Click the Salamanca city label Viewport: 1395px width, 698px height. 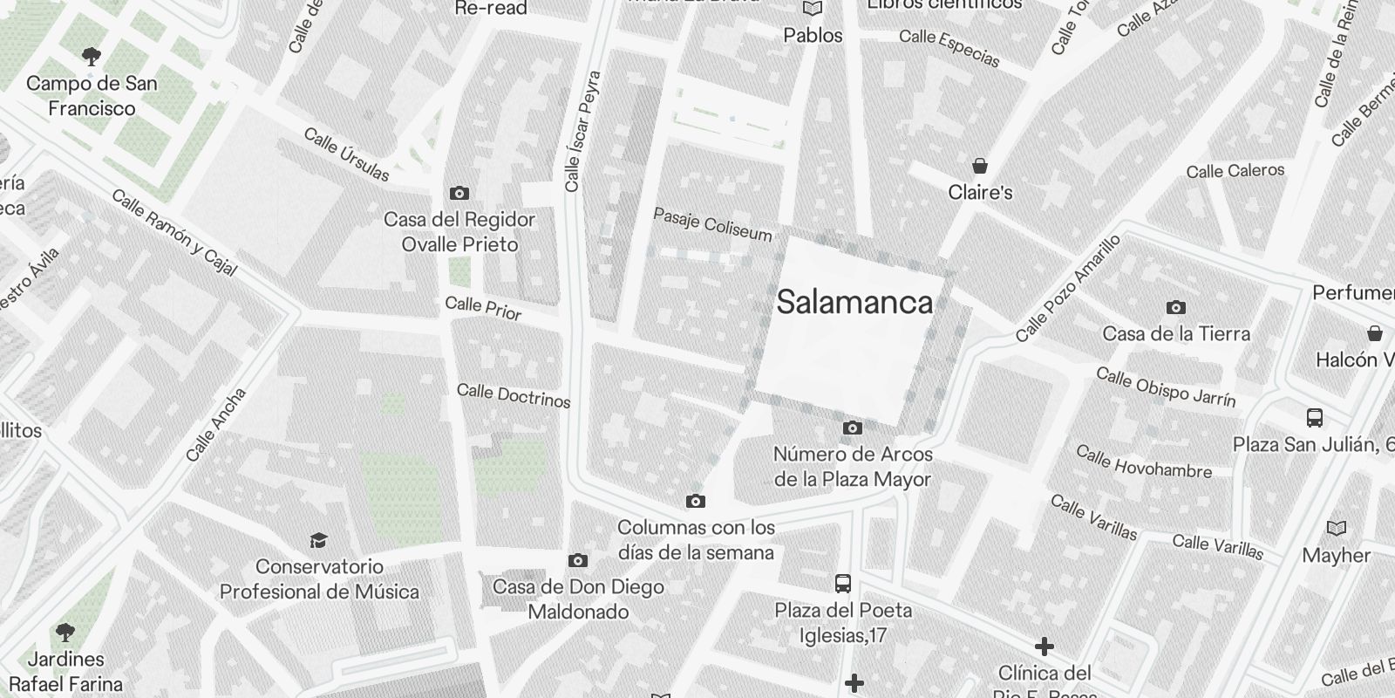[854, 303]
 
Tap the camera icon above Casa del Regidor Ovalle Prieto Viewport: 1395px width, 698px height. [459, 193]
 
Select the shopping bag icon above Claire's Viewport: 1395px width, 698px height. [980, 166]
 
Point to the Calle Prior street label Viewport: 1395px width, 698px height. [483, 308]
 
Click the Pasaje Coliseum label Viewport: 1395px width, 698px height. [712, 224]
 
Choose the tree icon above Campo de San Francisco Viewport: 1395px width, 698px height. [91, 58]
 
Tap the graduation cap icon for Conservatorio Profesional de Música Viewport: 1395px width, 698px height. [318, 541]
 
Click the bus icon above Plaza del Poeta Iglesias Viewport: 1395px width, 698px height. [843, 584]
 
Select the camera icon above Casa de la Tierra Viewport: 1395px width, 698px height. [1175, 307]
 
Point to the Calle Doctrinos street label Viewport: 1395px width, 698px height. [514, 395]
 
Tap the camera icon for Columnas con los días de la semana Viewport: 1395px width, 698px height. [695, 501]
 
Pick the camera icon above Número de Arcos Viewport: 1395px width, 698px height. [852, 428]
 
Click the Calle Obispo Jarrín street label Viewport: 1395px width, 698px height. [1166, 387]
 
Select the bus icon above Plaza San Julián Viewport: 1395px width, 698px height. [1315, 418]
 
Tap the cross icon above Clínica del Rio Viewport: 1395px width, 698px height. [1044, 647]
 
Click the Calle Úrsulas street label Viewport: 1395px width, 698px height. [347, 154]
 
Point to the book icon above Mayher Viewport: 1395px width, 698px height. [1336, 528]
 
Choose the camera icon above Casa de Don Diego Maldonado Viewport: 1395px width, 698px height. [577, 560]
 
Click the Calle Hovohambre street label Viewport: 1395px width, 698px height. [1144, 462]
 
